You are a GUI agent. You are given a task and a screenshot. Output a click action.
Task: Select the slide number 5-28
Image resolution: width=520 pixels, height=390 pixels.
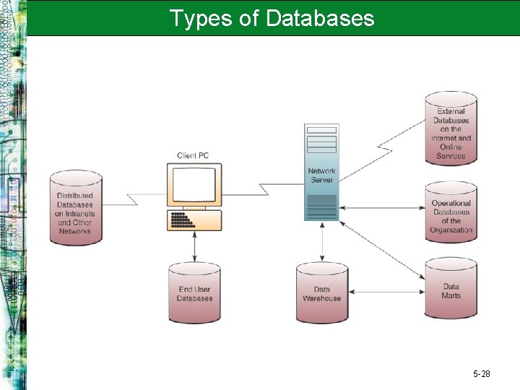click(481, 374)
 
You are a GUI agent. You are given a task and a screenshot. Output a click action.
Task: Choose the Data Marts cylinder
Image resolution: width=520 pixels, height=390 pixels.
click(451, 291)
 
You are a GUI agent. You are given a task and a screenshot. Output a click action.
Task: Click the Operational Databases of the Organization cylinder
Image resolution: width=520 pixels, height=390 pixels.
click(451, 213)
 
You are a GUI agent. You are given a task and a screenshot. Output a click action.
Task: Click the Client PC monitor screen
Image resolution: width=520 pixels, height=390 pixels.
click(194, 186)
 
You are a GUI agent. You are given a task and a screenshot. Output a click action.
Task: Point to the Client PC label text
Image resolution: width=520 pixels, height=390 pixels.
click(194, 156)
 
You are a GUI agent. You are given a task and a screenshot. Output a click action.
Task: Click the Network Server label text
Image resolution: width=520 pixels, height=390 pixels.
click(321, 175)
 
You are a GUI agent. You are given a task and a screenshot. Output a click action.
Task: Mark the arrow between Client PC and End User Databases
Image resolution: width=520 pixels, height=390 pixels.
click(194, 246)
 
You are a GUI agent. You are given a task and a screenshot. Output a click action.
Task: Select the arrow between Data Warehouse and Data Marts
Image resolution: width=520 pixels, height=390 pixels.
click(386, 292)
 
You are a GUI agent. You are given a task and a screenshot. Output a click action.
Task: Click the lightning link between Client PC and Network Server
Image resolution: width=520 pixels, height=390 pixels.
click(264, 189)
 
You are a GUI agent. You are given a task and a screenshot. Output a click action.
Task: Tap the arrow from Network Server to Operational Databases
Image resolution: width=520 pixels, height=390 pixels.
click(383, 208)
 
